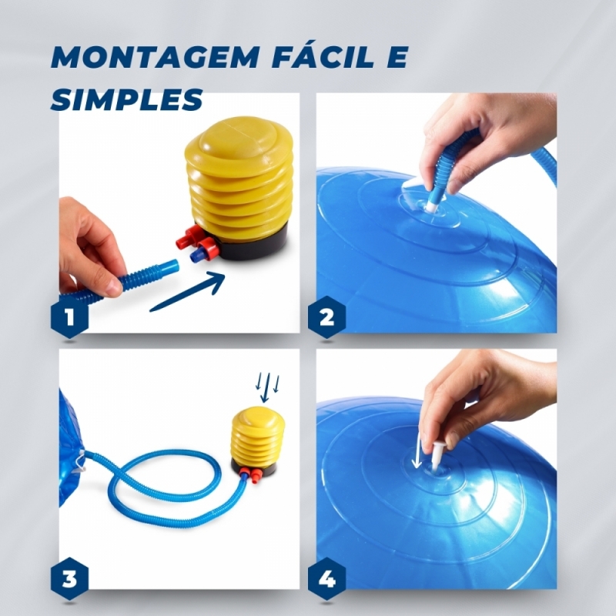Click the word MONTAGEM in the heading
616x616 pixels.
click(x=155, y=57)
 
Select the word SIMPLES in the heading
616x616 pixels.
click(x=126, y=99)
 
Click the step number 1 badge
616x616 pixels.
click(x=69, y=316)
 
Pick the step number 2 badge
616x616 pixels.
click(x=326, y=316)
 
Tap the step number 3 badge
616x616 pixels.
click(x=69, y=578)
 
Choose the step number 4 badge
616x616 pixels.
click(x=326, y=578)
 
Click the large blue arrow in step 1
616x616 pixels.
click(x=187, y=292)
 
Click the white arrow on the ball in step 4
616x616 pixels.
click(x=417, y=453)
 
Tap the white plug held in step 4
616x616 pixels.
click(x=437, y=455)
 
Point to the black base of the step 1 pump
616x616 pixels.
click(x=256, y=244)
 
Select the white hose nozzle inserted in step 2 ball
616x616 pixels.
click(x=432, y=204)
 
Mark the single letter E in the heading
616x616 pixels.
click(x=395, y=57)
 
